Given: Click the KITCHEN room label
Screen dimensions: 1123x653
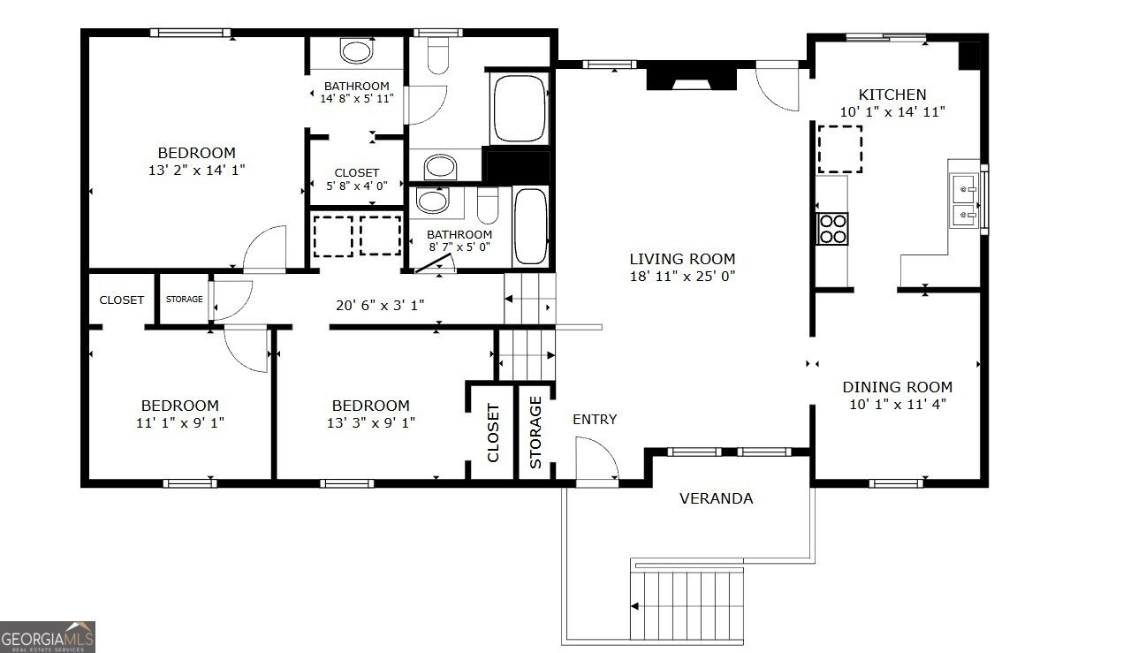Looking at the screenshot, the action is coord(892,95).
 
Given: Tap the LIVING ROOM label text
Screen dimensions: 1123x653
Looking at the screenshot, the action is coord(682,259).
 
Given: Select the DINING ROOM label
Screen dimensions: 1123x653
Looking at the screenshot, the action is coord(898,387).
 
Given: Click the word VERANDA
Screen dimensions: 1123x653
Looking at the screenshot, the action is coord(716,498).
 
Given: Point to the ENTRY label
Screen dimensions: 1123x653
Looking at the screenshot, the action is coord(595,420).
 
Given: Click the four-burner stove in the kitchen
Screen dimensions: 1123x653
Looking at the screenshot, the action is coord(832,229).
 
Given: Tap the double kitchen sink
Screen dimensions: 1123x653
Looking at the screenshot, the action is coord(965,201).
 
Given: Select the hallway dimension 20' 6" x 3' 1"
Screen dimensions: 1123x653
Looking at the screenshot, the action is coord(380,305).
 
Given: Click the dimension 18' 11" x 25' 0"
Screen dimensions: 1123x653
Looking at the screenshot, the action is coord(682,276).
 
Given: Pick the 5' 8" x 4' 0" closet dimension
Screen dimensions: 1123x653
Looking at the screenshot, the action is coord(356,186).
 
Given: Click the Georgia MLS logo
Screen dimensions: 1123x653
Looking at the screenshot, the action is coord(48,637).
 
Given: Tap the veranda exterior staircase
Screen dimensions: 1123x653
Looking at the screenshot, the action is coord(687,606).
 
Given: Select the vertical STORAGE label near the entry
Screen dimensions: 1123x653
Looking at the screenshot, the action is coord(535,432).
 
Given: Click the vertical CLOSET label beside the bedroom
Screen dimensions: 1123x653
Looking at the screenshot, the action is coord(493,433).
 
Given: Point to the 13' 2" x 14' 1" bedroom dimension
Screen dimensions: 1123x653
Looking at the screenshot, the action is coord(196,170).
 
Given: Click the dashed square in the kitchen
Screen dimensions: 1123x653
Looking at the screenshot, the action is coord(840,149).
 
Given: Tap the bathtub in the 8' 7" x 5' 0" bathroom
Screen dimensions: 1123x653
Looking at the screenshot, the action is coord(531,226).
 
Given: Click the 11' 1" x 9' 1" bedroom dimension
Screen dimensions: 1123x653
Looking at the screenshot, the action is coord(180,422).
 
